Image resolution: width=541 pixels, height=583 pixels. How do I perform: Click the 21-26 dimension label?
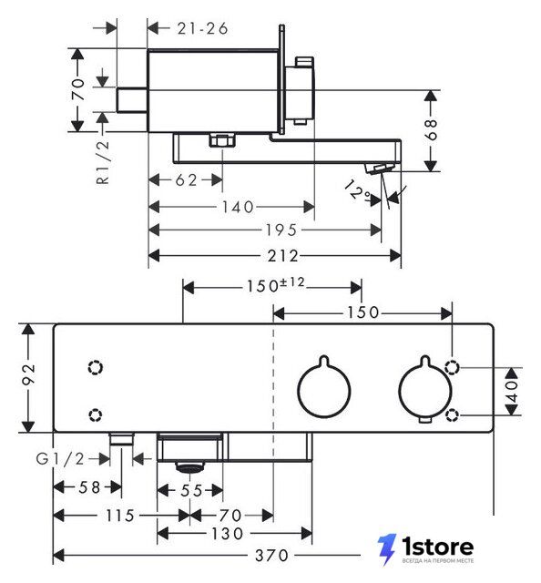[x=202, y=28]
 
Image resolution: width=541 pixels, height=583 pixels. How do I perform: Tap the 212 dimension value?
[x=283, y=256]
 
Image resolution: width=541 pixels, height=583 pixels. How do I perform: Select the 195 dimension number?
[x=281, y=230]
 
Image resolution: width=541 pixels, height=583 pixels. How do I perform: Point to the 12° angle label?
[x=357, y=191]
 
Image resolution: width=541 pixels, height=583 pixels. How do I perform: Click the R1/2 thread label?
[x=103, y=162]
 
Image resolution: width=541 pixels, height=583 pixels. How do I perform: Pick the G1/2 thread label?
[x=60, y=459]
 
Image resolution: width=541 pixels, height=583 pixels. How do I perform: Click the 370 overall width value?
[x=271, y=556]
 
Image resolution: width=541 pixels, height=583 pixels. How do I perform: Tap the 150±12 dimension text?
[x=276, y=285]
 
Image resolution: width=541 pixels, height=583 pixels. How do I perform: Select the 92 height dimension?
[x=28, y=374]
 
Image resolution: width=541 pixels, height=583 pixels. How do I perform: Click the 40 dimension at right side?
[x=512, y=391]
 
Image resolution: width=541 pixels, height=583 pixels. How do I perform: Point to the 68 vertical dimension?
[x=431, y=129]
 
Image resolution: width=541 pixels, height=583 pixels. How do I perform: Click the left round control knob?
[x=324, y=390]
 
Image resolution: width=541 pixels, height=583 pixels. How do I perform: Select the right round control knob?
[x=425, y=389]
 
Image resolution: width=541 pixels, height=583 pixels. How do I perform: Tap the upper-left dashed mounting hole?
[x=96, y=368]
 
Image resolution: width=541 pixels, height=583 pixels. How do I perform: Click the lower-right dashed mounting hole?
[x=452, y=415]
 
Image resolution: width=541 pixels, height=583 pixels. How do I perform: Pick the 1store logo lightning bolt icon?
[x=387, y=549]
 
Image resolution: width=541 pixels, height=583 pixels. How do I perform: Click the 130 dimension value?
[x=227, y=534]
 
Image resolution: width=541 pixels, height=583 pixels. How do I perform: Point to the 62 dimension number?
[x=186, y=180]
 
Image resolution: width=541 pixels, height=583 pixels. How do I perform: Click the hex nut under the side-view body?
[x=222, y=140]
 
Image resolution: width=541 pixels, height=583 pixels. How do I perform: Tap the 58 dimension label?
[x=89, y=487]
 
